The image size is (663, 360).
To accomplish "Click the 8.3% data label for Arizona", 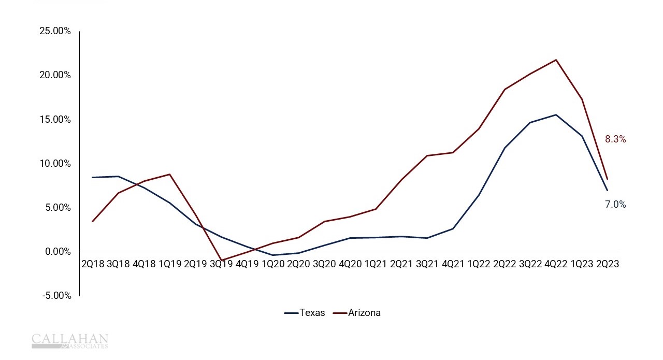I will [615, 139].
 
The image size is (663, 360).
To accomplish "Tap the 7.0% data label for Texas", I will [615, 205].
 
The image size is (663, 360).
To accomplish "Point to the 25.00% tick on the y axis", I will [55, 31].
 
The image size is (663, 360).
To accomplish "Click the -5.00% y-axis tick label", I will [56, 296].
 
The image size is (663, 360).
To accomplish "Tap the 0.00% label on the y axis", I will [57, 252].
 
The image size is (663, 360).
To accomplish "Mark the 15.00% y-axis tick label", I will [55, 119].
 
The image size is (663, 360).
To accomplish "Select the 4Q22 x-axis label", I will [556, 264].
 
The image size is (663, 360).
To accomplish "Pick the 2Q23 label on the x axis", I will [607, 264].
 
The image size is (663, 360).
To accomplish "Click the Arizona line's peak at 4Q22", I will [556, 60].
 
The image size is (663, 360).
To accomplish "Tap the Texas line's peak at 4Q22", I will [556, 114].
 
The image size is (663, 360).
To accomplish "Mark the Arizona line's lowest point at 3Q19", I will [222, 260].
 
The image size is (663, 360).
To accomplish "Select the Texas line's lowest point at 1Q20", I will [272, 255].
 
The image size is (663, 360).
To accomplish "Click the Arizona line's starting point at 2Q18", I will [93, 221].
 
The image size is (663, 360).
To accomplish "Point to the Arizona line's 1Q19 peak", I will [170, 174].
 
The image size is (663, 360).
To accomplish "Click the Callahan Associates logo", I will [69, 341].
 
